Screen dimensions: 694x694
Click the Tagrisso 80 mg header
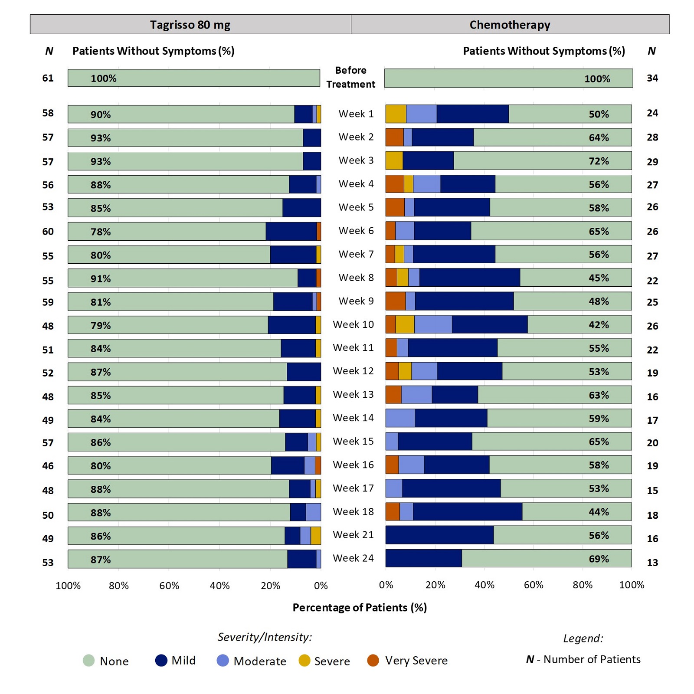tap(190, 25)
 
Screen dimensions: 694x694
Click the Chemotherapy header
tap(510, 25)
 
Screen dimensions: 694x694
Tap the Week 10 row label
tap(353, 324)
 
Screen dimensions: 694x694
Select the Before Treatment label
tap(350, 77)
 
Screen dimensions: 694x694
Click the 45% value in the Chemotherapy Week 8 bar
tap(599, 278)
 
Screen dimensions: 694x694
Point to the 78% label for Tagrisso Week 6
tap(101, 232)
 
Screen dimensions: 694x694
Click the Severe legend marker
tap(304, 661)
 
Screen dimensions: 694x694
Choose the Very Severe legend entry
tap(407, 661)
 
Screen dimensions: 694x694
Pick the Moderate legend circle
tap(223, 661)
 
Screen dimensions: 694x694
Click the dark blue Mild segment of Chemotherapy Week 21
tap(439, 535)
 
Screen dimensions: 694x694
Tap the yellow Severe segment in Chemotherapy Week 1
tap(396, 114)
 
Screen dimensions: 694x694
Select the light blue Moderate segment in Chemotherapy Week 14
tap(400, 418)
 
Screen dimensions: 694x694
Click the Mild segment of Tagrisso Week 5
tap(301, 208)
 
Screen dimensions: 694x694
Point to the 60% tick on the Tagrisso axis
tap(169, 586)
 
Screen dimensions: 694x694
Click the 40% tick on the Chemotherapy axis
tap(484, 585)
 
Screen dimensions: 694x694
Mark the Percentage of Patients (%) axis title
tap(360, 607)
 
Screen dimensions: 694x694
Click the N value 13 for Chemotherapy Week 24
tap(652, 563)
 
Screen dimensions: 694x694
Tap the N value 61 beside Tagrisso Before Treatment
tap(48, 78)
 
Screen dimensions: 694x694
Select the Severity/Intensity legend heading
tap(265, 637)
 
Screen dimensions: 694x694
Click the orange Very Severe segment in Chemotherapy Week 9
tap(395, 301)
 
